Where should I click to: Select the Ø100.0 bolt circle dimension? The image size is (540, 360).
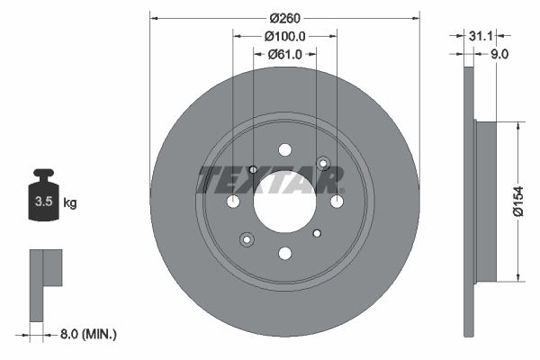click(x=285, y=36)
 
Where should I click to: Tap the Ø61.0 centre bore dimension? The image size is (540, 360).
click(x=285, y=55)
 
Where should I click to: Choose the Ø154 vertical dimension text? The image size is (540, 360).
click(x=518, y=201)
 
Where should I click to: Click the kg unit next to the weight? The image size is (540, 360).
click(x=70, y=203)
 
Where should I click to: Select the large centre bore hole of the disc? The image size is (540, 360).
click(x=284, y=201)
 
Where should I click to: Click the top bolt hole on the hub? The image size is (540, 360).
click(x=284, y=149)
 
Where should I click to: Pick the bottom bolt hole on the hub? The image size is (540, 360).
click(x=284, y=253)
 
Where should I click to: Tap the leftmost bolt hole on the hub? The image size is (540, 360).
click(x=233, y=201)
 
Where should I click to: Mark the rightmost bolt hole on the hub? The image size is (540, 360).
click(x=337, y=201)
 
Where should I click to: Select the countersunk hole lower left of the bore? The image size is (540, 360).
click(x=246, y=238)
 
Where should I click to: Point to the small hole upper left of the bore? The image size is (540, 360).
click(x=253, y=169)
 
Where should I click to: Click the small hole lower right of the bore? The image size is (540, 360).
click(x=316, y=233)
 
